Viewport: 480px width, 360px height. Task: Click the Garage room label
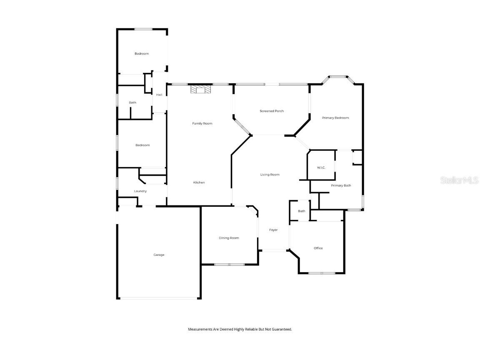pyautogui.click(x=159, y=255)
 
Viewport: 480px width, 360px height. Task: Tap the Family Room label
pyautogui.click(x=202, y=123)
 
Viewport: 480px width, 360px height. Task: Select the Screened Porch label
pyautogui.click(x=272, y=111)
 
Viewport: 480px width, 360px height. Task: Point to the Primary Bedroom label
pyautogui.click(x=335, y=118)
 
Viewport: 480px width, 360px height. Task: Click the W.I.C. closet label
pyautogui.click(x=321, y=167)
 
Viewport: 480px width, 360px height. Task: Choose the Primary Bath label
pyautogui.click(x=341, y=185)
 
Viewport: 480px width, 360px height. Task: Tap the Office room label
pyautogui.click(x=318, y=248)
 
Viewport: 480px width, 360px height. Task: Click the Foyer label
pyautogui.click(x=273, y=230)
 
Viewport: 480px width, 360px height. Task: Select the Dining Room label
pyautogui.click(x=229, y=238)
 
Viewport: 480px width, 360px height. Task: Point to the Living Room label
pyautogui.click(x=270, y=175)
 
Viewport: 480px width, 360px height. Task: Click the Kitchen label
pyautogui.click(x=199, y=182)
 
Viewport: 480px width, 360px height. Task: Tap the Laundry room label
pyautogui.click(x=140, y=191)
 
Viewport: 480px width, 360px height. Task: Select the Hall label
pyautogui.click(x=159, y=95)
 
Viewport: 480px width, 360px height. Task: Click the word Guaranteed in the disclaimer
pyautogui.click(x=282, y=329)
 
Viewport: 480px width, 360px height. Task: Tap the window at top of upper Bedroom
pyautogui.click(x=143, y=29)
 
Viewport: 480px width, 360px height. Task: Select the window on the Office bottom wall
pyautogui.click(x=322, y=273)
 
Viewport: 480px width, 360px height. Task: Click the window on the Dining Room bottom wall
pyautogui.click(x=229, y=265)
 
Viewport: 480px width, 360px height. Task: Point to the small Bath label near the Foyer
pyautogui.click(x=301, y=211)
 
